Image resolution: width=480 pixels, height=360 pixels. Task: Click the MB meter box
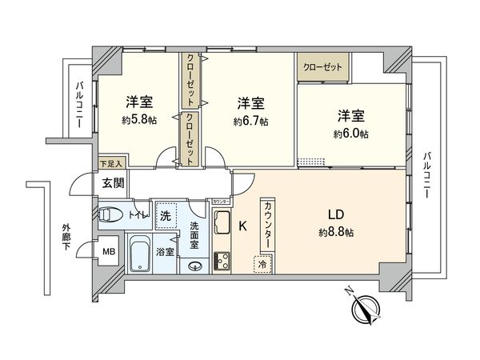[108, 254]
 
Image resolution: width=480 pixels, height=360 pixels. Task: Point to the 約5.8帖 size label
[138, 121]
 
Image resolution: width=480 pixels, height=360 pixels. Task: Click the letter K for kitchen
[242, 226]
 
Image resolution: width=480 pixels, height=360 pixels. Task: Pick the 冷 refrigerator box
[262, 262]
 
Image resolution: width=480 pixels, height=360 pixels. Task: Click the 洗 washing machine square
[165, 215]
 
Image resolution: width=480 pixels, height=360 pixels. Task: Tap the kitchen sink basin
[222, 220]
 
